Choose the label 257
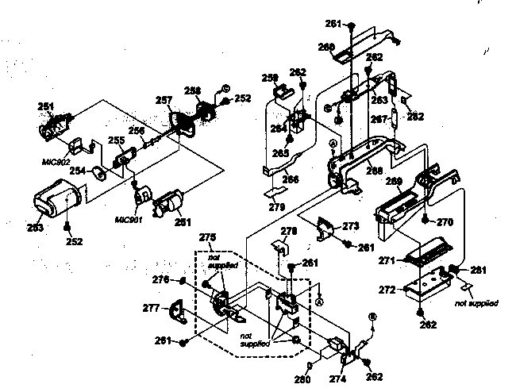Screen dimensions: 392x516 click(164, 101)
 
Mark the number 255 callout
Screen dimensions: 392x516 click(116, 140)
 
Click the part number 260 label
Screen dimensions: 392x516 click(326, 47)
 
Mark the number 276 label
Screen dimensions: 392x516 click(160, 279)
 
